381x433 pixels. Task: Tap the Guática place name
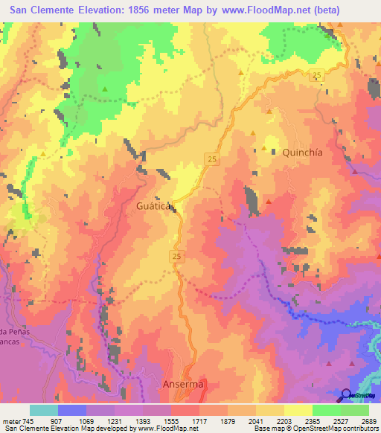[x=155, y=204]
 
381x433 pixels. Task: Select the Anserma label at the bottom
[x=182, y=384]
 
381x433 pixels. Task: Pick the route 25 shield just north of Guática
[x=211, y=160]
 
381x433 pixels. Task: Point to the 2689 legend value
[x=368, y=420]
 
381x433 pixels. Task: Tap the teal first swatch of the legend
[x=44, y=410]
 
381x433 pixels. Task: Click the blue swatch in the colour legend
[x=72, y=410]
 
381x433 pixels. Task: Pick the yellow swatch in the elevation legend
[x=298, y=410]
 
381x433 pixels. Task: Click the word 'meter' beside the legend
[x=10, y=420]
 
